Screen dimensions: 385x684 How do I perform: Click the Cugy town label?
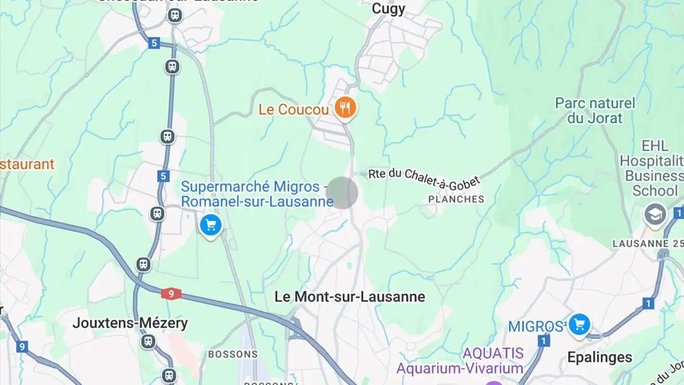click(x=388, y=9)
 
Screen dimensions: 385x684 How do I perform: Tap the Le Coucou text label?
click(x=294, y=110)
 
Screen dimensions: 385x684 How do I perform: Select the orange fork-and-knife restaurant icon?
click(x=345, y=108)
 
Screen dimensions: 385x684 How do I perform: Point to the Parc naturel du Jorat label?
click(x=595, y=110)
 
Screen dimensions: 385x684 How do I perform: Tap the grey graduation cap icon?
click(x=655, y=214)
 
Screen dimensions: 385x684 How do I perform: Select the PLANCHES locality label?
click(x=456, y=199)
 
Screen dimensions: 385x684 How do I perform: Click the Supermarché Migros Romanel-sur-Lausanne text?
click(x=256, y=194)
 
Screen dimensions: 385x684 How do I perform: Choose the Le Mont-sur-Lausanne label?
click(x=350, y=297)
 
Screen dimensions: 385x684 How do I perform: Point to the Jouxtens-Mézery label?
click(x=130, y=324)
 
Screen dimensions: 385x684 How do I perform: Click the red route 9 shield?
click(x=171, y=294)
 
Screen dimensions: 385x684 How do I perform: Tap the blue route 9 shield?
click(x=21, y=346)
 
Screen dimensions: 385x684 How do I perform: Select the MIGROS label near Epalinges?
click(x=535, y=327)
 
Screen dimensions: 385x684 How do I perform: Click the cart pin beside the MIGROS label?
click(x=579, y=325)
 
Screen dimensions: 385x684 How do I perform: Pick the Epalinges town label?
click(x=599, y=357)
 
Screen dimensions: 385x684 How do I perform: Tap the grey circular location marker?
click(x=343, y=192)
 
